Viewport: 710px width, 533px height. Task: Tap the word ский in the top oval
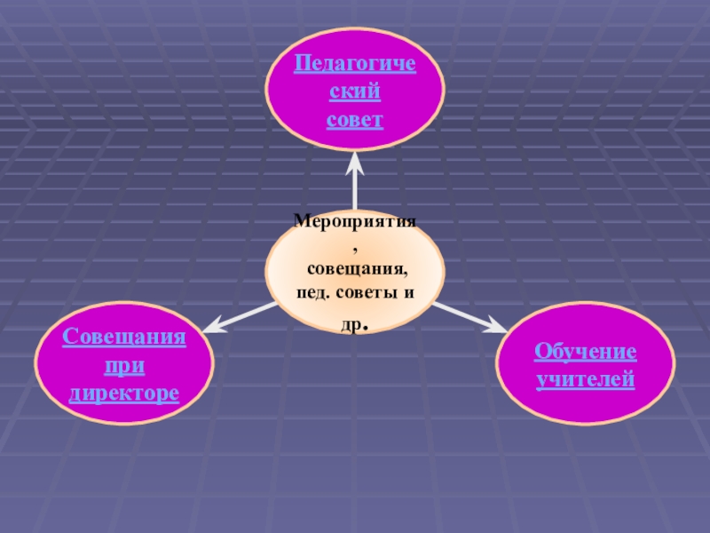pyautogui.click(x=354, y=91)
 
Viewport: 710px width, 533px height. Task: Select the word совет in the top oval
pyautogui.click(x=354, y=118)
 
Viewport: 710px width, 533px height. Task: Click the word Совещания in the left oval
pyautogui.click(x=124, y=338)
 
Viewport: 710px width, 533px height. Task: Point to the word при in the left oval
pyautogui.click(x=124, y=365)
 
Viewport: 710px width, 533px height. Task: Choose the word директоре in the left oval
pyautogui.click(x=124, y=392)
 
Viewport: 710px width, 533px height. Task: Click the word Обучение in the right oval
pyautogui.click(x=585, y=353)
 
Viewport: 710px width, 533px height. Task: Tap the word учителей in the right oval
pyautogui.click(x=585, y=379)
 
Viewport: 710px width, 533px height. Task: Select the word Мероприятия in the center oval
pyautogui.click(x=355, y=221)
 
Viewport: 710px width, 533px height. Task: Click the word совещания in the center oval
pyautogui.click(x=357, y=267)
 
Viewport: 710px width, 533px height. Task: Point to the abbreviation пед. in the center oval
pyautogui.click(x=314, y=292)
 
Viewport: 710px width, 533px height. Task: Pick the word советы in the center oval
pyautogui.click(x=370, y=292)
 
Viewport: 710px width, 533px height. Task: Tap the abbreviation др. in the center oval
pyautogui.click(x=355, y=325)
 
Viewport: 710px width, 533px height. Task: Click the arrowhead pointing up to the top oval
pyautogui.click(x=355, y=161)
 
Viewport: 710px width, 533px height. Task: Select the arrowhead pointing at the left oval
pyautogui.click(x=210, y=327)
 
